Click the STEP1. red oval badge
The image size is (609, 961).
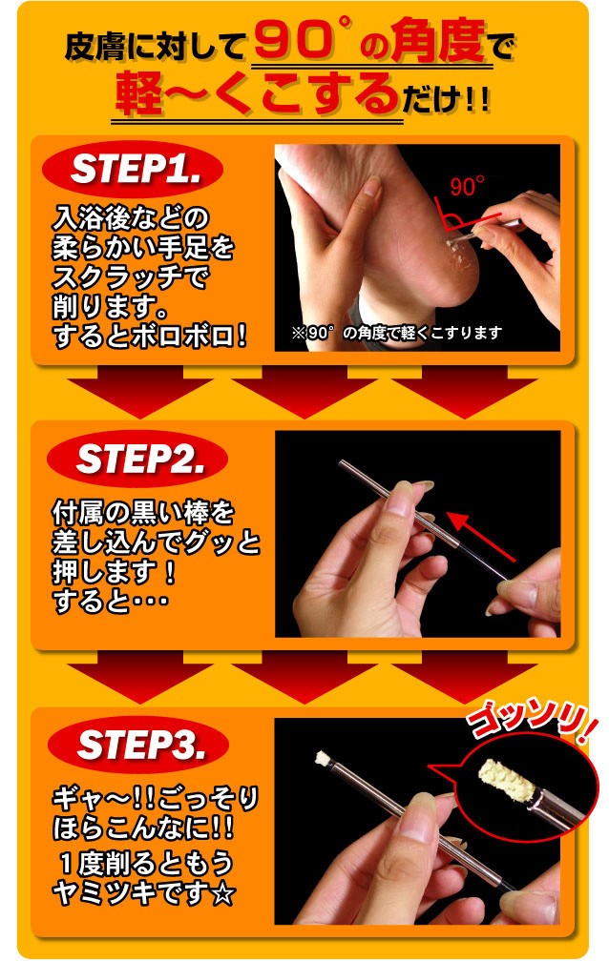[x=132, y=169]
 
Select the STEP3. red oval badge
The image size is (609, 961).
[x=138, y=744]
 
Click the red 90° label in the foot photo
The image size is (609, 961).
[x=467, y=186]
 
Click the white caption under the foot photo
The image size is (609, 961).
[x=396, y=334]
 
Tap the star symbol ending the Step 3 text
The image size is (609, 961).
[x=222, y=895]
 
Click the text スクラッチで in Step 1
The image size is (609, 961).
[x=130, y=277]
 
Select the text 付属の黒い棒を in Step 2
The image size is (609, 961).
[x=143, y=512]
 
